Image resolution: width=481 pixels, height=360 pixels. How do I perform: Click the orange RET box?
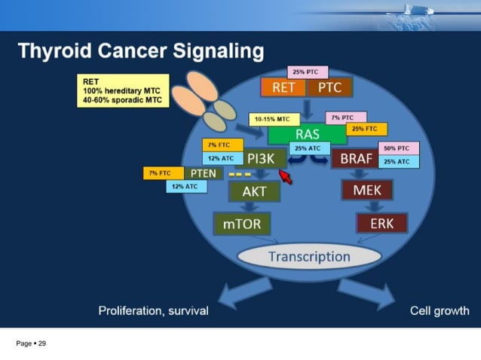(283, 87)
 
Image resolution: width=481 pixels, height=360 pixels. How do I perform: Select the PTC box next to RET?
(329, 87)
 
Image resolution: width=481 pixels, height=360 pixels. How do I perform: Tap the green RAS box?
(307, 135)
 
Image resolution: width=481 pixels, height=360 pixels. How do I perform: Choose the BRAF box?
(356, 159)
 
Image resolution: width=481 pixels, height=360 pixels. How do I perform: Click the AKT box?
(254, 191)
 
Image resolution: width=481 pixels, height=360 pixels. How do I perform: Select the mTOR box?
(241, 224)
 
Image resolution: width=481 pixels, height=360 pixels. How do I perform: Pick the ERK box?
(381, 224)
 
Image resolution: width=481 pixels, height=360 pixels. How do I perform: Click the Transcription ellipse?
(309, 257)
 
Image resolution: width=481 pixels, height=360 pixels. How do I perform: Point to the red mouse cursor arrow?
(284, 176)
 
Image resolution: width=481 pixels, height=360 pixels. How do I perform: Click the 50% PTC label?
(397, 148)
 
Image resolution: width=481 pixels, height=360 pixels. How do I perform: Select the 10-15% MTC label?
(273, 119)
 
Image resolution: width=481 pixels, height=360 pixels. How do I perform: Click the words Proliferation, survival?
(153, 310)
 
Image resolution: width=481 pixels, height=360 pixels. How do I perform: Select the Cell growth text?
(439, 310)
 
